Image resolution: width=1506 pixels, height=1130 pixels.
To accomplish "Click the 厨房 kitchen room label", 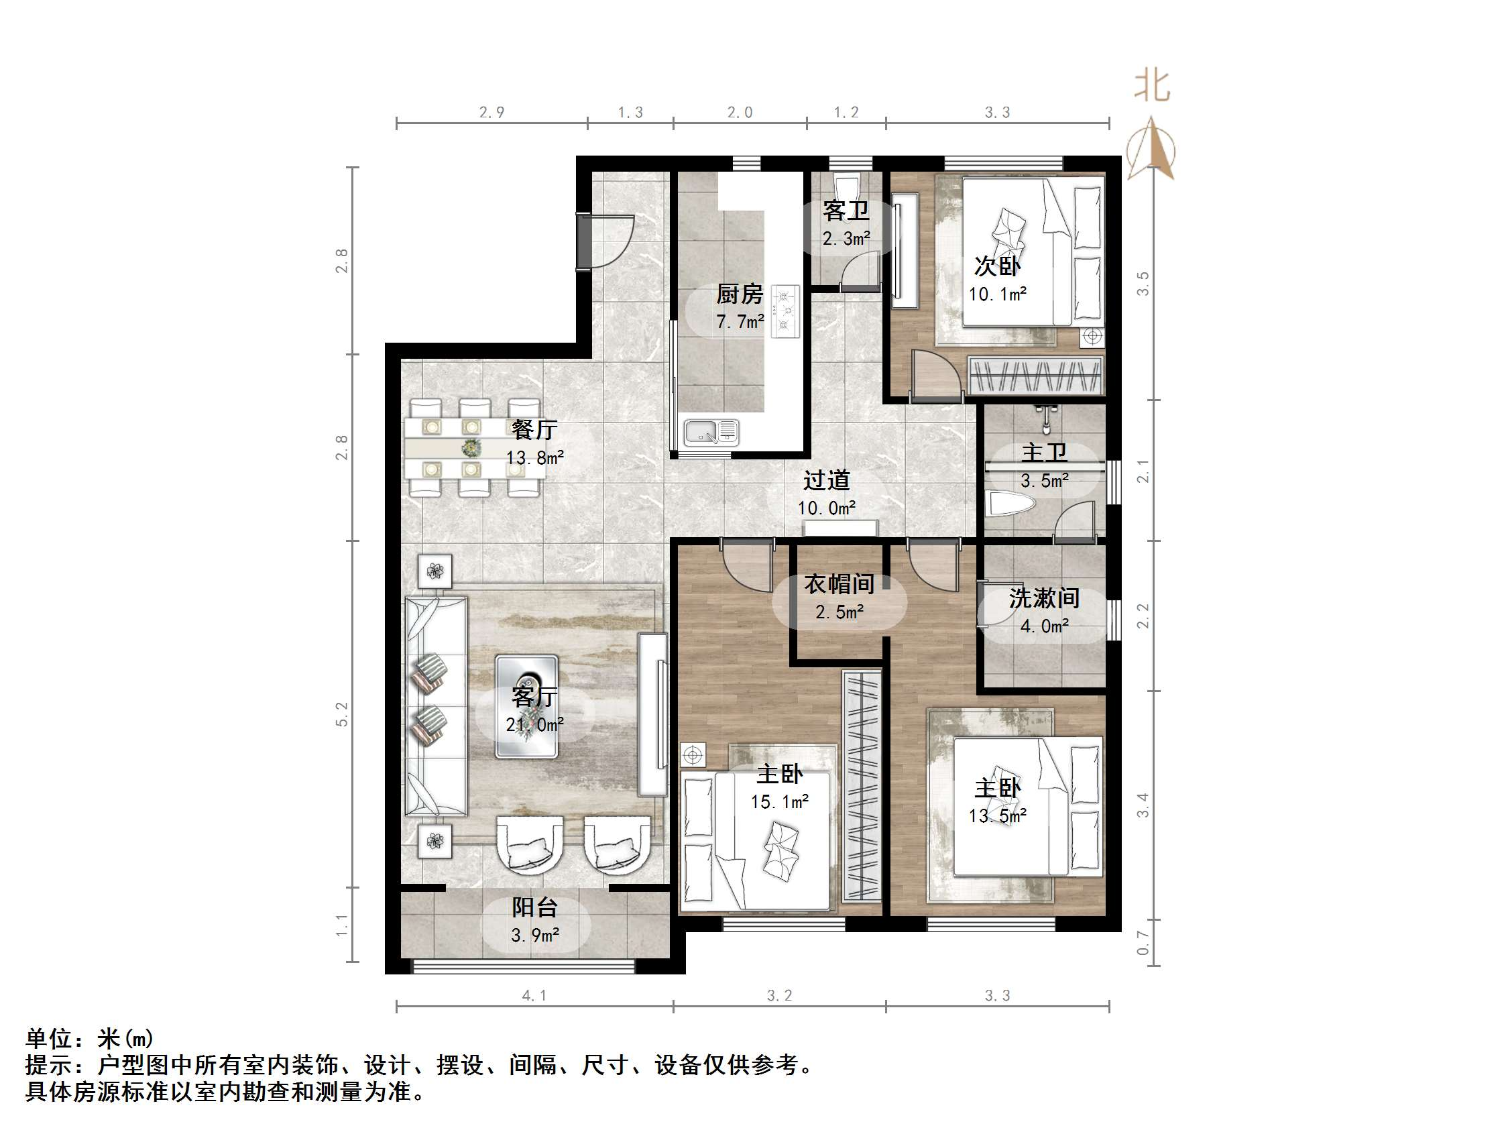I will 739,294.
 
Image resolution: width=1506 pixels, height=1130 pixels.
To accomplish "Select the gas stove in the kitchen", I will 785,311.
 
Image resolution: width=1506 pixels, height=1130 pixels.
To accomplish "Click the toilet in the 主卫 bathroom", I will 1010,505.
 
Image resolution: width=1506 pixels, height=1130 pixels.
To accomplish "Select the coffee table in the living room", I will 526,706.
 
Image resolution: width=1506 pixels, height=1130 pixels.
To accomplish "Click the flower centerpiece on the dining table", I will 471,448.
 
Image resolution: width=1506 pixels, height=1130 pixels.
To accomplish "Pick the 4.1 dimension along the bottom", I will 534,996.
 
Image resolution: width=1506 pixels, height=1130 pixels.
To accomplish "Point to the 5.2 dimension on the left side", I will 342,714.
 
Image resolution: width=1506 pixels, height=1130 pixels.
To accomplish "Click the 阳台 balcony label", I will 534,907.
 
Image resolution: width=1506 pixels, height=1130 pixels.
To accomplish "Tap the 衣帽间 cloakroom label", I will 839,583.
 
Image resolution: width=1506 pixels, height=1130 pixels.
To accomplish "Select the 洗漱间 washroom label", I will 1044,598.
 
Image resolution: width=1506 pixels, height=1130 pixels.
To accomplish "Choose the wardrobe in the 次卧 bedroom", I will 1035,376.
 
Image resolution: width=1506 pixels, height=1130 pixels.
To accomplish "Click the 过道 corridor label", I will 827,480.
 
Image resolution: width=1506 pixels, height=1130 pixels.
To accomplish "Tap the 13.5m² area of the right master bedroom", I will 998,816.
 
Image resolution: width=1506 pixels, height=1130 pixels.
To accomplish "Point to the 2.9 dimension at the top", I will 491,113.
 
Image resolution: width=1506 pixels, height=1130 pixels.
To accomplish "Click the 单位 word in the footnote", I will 49,1039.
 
